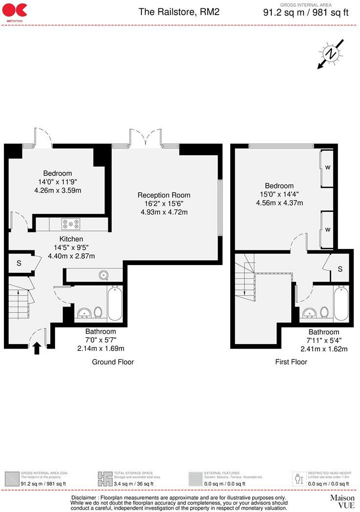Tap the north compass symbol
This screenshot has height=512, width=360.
coord(331,54)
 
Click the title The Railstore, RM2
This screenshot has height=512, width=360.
coord(179,12)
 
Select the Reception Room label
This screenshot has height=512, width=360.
coord(164,195)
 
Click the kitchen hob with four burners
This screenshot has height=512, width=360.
coord(71,224)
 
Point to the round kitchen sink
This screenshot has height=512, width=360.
coord(104,275)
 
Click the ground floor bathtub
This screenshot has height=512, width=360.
coord(115,303)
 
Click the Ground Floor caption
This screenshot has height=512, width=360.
coord(113,362)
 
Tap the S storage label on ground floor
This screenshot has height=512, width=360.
coord(19,263)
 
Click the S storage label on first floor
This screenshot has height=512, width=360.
coord(340,269)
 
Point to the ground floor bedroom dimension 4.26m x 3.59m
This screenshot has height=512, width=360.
coord(58,190)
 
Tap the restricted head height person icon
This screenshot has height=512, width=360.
coord(299,478)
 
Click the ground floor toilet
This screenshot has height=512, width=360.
coord(98,312)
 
